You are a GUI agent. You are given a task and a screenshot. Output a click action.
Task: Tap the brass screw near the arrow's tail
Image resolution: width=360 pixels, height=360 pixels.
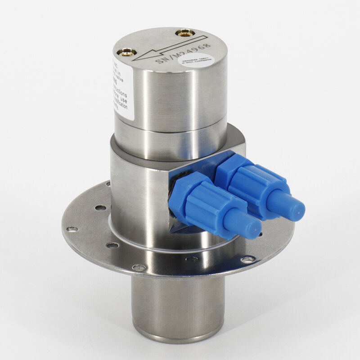(184, 32)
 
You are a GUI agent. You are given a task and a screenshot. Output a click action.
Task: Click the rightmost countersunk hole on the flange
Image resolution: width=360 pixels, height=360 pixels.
(247, 260)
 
